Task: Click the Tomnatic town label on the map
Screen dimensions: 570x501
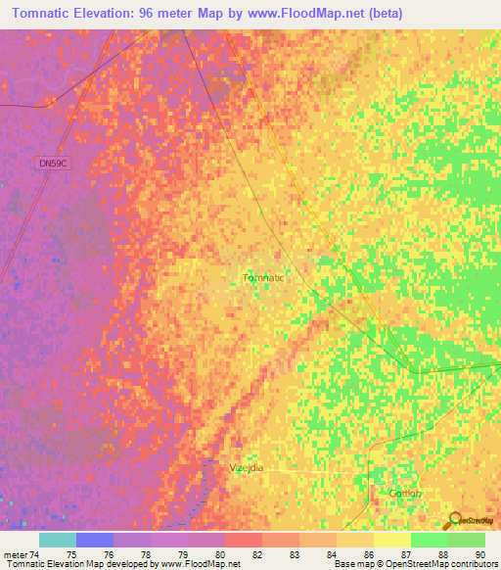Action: pos(262,278)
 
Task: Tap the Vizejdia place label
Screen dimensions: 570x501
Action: pos(249,468)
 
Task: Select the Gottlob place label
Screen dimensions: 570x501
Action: pos(405,493)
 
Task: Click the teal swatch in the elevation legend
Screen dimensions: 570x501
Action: pos(58,540)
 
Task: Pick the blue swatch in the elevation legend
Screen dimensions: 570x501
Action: pos(95,540)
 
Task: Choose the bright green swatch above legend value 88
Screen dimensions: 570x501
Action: pos(429,540)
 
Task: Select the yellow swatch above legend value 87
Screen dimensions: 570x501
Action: pos(391,540)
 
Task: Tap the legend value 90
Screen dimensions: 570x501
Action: pos(479,554)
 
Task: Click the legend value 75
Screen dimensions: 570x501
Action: pos(71,554)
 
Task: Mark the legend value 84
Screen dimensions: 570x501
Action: pos(331,554)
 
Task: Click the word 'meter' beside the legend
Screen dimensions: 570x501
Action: pos(17,554)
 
